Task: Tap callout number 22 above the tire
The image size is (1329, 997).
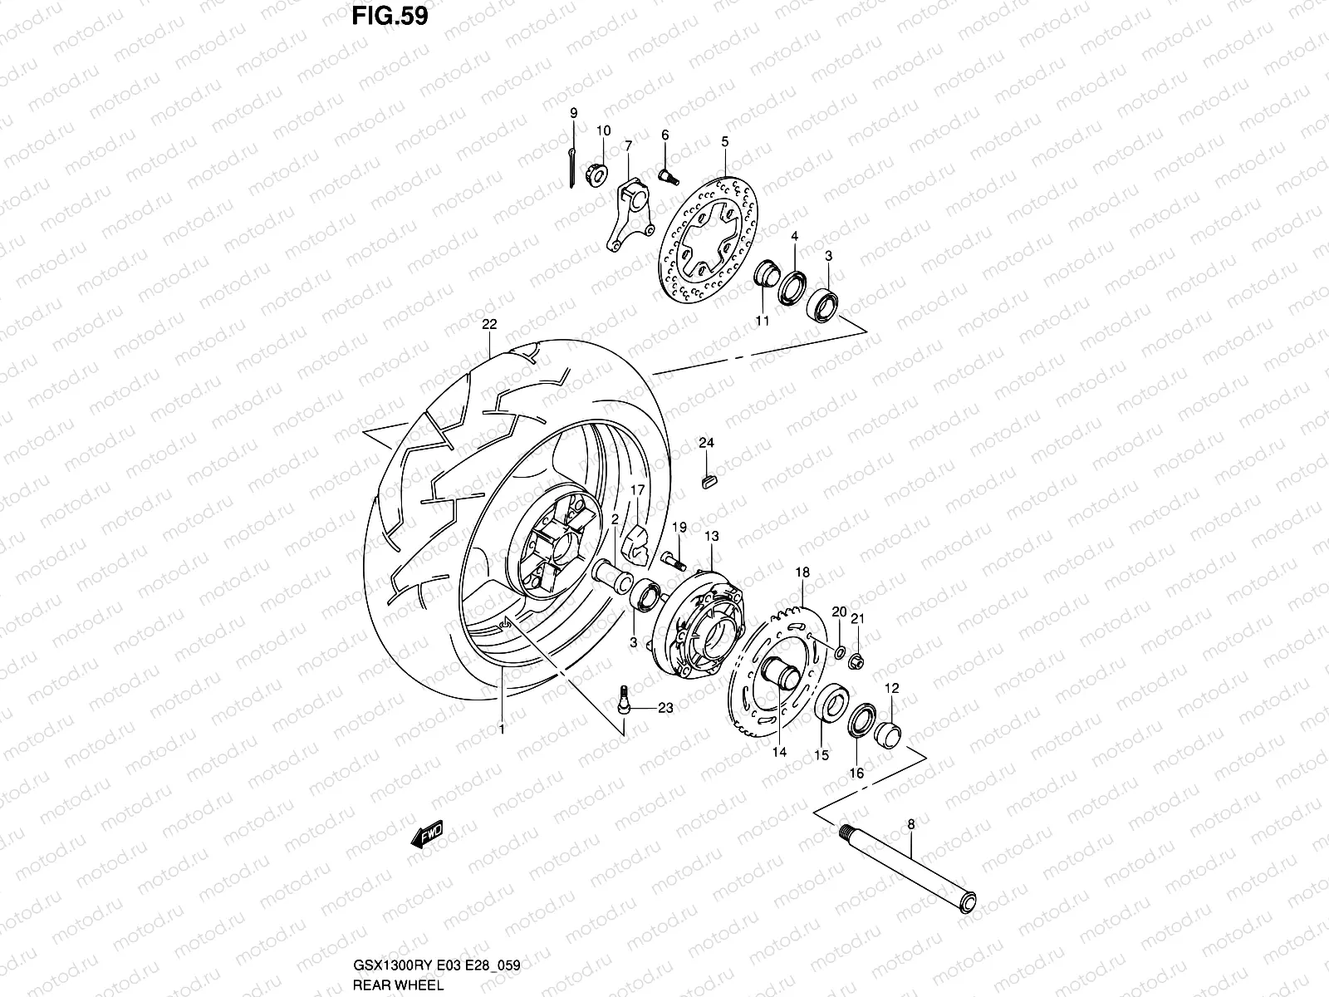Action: pyautogui.click(x=488, y=325)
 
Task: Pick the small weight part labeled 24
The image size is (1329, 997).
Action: pyautogui.click(x=708, y=480)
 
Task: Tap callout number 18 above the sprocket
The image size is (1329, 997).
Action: pyautogui.click(x=802, y=572)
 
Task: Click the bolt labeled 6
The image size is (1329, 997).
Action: pyautogui.click(x=669, y=175)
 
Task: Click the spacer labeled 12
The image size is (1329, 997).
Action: pyautogui.click(x=890, y=732)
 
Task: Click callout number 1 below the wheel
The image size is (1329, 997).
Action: pyautogui.click(x=502, y=729)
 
